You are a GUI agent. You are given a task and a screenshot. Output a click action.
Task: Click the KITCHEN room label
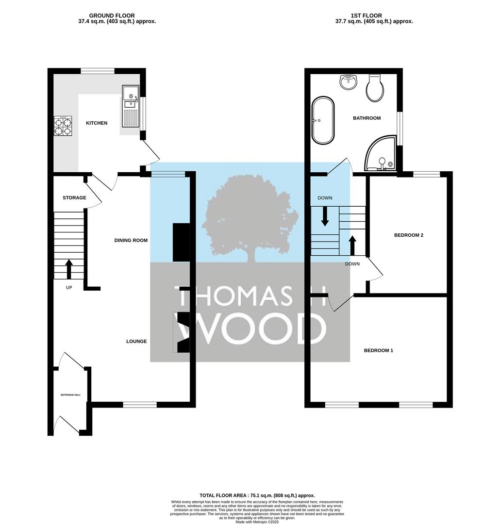97,123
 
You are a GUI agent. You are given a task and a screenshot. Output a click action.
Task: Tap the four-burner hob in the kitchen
63,126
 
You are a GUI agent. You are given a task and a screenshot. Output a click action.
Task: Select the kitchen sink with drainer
131,106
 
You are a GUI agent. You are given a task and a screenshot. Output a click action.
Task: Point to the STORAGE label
74,198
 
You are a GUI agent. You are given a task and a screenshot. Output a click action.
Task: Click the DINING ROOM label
131,240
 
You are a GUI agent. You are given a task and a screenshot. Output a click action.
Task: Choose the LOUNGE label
136,341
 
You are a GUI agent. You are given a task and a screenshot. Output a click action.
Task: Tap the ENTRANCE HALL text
70,395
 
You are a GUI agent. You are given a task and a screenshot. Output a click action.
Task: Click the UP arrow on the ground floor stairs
69,269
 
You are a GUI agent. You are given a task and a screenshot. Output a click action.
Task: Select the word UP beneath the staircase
69,287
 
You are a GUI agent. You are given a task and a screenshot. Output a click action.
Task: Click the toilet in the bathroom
375,88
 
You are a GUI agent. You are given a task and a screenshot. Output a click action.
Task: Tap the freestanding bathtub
323,121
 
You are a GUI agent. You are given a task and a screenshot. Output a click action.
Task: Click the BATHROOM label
367,118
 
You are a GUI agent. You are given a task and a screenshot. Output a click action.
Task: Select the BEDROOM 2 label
409,235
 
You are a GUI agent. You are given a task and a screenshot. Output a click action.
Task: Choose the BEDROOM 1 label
379,350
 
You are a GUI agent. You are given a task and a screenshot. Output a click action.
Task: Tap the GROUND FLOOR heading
112,16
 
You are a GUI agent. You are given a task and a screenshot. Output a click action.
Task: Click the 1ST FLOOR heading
366,16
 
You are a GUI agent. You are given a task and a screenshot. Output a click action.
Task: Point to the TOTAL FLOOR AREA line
257,495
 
